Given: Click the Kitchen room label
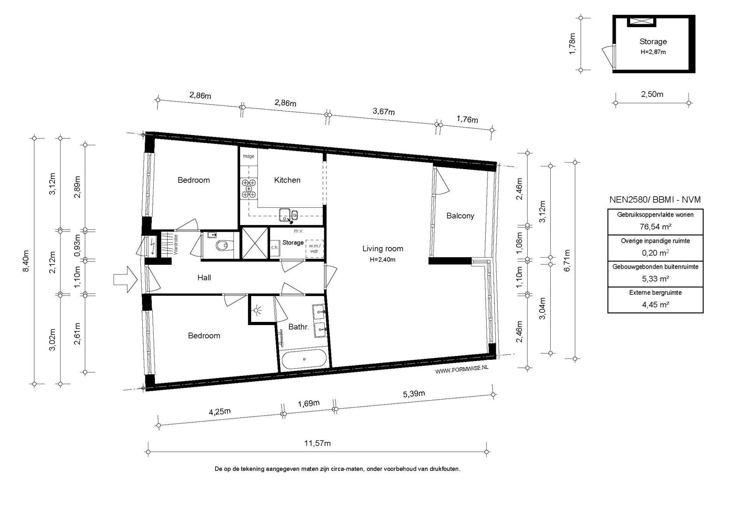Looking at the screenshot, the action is pos(287,180).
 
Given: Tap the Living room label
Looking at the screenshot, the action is pos(383,249).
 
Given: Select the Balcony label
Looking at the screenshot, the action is pos(460,216).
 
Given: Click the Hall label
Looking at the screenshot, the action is pos(204,278).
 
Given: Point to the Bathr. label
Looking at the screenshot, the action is pos(299,327).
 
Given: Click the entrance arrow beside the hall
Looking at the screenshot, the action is pos(125,279).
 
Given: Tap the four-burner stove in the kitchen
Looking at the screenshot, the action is pos(249,189).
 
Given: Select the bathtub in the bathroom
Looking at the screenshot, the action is pos(304,359).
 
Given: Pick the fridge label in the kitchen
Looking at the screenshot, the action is pos(248,156).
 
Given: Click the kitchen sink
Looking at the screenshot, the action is pos(288,215).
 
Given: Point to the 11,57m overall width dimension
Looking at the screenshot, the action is pos(317,443).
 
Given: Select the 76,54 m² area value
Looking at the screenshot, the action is pos(655,226).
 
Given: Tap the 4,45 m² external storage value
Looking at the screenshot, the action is pos(655,304).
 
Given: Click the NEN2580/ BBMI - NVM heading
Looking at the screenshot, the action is pos(655,200).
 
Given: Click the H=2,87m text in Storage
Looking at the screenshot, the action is pos(653,52).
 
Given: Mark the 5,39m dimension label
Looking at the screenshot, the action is pos(414,394).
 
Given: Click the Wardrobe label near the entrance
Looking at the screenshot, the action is pos(176,244).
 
